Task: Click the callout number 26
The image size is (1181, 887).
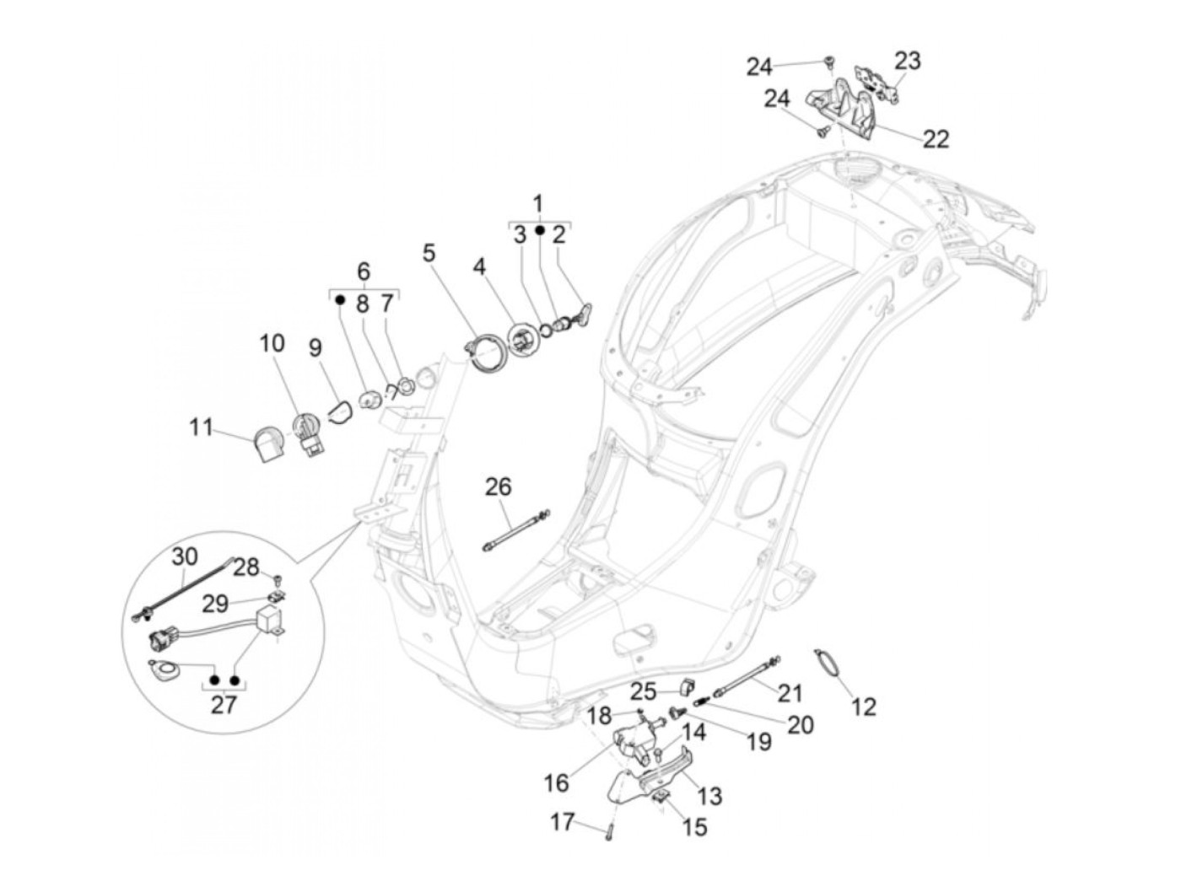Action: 498,487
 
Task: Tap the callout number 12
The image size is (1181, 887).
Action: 864,706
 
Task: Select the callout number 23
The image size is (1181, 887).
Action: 908,61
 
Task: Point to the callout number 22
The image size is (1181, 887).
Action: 936,138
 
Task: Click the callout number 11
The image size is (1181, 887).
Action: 201,427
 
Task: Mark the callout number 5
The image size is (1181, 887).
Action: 429,252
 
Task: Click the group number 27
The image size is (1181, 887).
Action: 224,703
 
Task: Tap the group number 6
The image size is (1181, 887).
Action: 364,271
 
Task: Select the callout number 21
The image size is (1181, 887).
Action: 790,692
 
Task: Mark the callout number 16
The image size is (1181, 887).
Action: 557,783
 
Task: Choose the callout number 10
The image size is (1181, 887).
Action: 272,343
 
